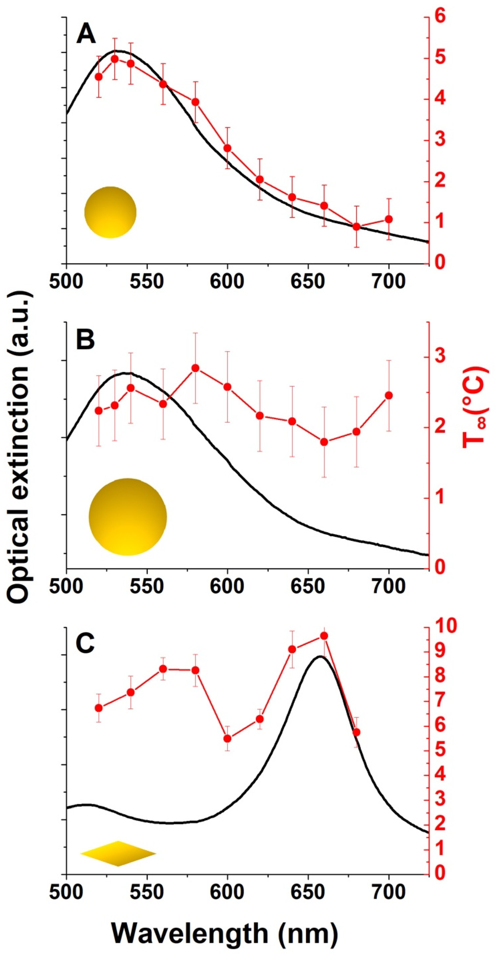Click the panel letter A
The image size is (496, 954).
86,35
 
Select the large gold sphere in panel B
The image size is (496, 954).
128,517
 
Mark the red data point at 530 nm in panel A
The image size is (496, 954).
115,59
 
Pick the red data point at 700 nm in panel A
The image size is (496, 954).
389,219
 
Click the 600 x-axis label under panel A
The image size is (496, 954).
227,282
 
